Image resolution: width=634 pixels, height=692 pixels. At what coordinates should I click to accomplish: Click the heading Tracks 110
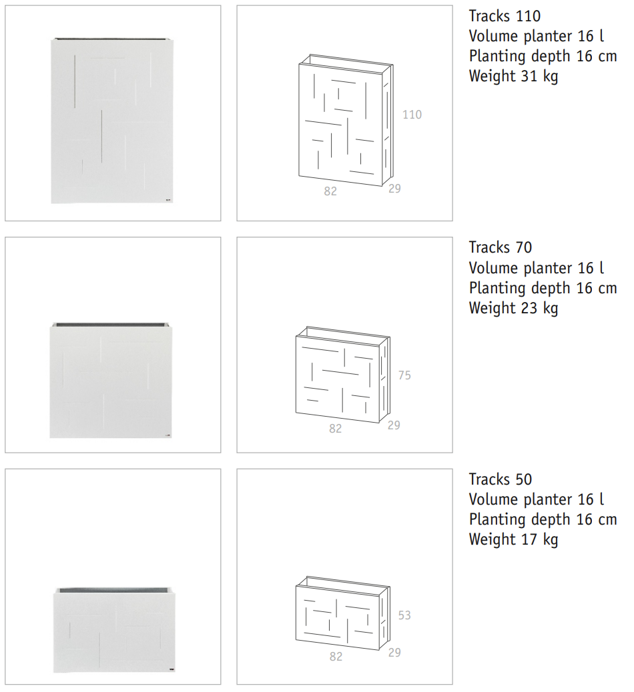tap(505, 16)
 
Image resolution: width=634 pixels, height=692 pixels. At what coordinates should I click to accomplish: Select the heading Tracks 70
tap(500, 247)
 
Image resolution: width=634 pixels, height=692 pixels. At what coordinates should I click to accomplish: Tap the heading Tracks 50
tap(500, 479)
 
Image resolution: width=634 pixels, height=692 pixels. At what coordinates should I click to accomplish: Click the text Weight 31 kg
tap(513, 77)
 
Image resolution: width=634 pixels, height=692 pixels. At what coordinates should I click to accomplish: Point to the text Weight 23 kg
tap(513, 308)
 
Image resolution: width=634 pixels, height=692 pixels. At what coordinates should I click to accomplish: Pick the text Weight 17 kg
tap(513, 540)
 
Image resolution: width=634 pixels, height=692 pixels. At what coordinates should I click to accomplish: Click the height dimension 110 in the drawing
tap(412, 115)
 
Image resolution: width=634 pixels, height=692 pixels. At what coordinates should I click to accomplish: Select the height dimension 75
tap(404, 375)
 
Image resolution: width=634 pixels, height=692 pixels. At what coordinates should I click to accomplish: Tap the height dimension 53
tap(404, 615)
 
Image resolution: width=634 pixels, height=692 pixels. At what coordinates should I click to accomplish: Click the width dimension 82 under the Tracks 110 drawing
tap(330, 191)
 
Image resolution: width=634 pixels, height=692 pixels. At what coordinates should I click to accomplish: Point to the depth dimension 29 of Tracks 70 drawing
tap(394, 425)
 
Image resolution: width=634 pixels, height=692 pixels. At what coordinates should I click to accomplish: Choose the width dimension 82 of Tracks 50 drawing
tap(336, 657)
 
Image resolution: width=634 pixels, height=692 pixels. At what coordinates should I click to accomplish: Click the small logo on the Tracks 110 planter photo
tap(168, 200)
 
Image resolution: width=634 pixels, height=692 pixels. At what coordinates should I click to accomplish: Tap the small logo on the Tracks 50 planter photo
tap(171, 669)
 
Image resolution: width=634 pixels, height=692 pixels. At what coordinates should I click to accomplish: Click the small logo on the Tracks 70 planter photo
tap(168, 435)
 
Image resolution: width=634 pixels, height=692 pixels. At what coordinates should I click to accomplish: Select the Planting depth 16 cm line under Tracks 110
tap(543, 57)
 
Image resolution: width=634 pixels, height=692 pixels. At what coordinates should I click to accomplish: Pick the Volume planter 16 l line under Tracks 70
tap(537, 268)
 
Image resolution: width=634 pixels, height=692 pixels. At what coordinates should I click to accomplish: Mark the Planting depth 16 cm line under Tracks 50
tap(543, 520)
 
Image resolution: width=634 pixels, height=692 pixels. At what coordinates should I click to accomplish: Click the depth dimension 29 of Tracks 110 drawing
tap(394, 189)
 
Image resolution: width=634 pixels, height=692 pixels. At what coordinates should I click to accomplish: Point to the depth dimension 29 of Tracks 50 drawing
tap(394, 652)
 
